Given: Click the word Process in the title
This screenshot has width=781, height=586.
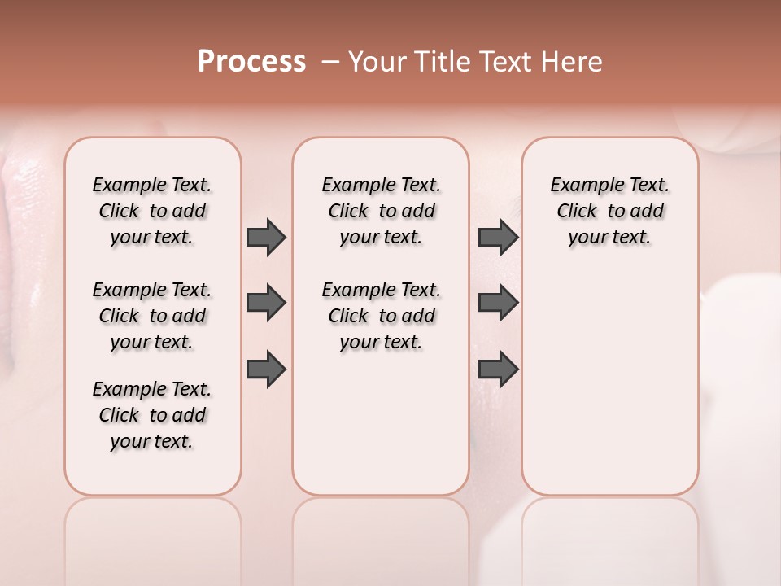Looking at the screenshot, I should click(x=251, y=62).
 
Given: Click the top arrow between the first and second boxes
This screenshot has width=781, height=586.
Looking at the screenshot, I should click(x=266, y=238).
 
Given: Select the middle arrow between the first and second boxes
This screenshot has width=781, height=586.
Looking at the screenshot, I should click(x=266, y=303).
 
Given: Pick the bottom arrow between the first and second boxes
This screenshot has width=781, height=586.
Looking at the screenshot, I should click(x=266, y=370).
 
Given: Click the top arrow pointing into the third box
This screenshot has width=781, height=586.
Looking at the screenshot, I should click(x=498, y=238).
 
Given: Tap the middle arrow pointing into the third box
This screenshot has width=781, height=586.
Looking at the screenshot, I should click(x=498, y=303).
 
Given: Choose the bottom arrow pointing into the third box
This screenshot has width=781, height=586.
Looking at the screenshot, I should click(x=498, y=370).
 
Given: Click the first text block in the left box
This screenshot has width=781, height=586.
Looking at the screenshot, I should click(x=152, y=211).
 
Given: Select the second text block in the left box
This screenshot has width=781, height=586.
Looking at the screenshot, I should click(x=152, y=316).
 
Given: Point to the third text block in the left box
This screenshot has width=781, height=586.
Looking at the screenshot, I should click(x=152, y=415).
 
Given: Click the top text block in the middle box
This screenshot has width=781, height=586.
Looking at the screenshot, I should click(x=381, y=211).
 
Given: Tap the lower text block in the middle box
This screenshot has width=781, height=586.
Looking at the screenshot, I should click(x=381, y=316).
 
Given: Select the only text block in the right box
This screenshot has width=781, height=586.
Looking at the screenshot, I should click(x=609, y=211).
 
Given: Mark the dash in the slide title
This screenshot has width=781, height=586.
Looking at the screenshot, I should click(x=330, y=62).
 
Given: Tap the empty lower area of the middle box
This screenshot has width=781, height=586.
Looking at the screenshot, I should click(x=381, y=423).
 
